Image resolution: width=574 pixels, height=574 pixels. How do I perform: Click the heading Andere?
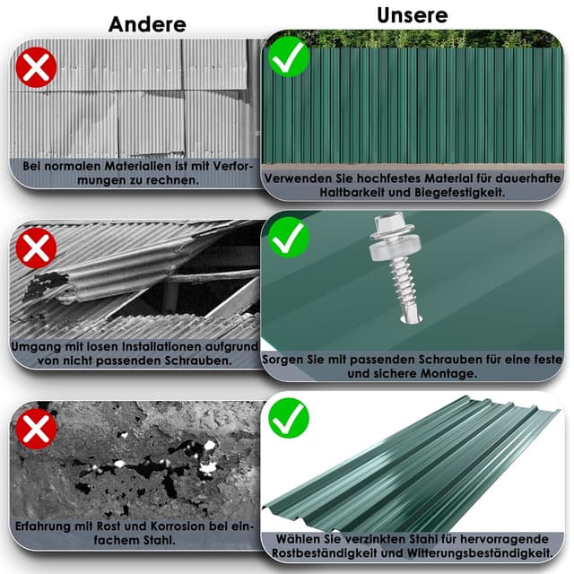(147, 24)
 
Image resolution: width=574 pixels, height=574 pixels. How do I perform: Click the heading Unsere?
(413, 15)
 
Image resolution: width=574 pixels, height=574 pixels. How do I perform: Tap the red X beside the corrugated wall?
(36, 67)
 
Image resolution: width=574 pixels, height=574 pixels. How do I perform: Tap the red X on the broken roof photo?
(36, 248)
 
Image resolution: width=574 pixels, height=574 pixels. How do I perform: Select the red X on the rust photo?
(36, 429)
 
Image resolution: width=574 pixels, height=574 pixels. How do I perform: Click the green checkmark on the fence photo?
(289, 57)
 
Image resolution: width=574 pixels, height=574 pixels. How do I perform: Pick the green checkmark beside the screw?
(289, 238)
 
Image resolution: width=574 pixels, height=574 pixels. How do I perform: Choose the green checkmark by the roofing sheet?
(289, 418)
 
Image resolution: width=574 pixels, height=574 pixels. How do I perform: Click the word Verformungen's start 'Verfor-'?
(232, 166)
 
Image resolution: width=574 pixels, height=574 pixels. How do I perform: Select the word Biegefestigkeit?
(460, 192)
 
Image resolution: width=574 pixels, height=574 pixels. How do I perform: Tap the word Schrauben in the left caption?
(198, 361)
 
